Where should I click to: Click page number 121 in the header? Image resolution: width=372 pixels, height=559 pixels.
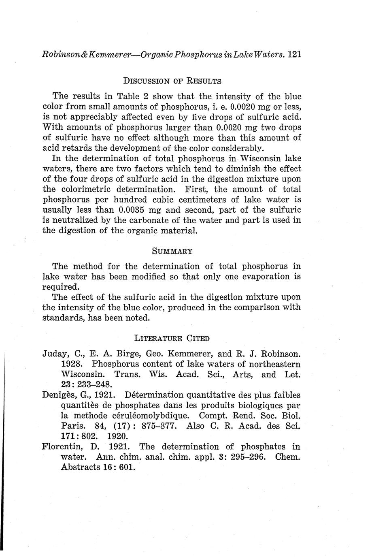[x=294, y=54]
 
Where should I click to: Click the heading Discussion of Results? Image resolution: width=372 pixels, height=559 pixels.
[x=172, y=81]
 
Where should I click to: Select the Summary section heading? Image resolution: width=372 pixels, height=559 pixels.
[x=172, y=251]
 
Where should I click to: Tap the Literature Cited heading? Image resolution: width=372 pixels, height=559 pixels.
[x=172, y=338]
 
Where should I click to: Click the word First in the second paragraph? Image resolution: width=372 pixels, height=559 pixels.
[x=196, y=189]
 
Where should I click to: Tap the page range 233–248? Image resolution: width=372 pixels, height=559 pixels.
[x=98, y=384]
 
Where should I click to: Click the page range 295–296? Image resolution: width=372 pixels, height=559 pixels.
[x=247, y=457]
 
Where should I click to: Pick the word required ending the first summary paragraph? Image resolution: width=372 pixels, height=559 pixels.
[x=60, y=287]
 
